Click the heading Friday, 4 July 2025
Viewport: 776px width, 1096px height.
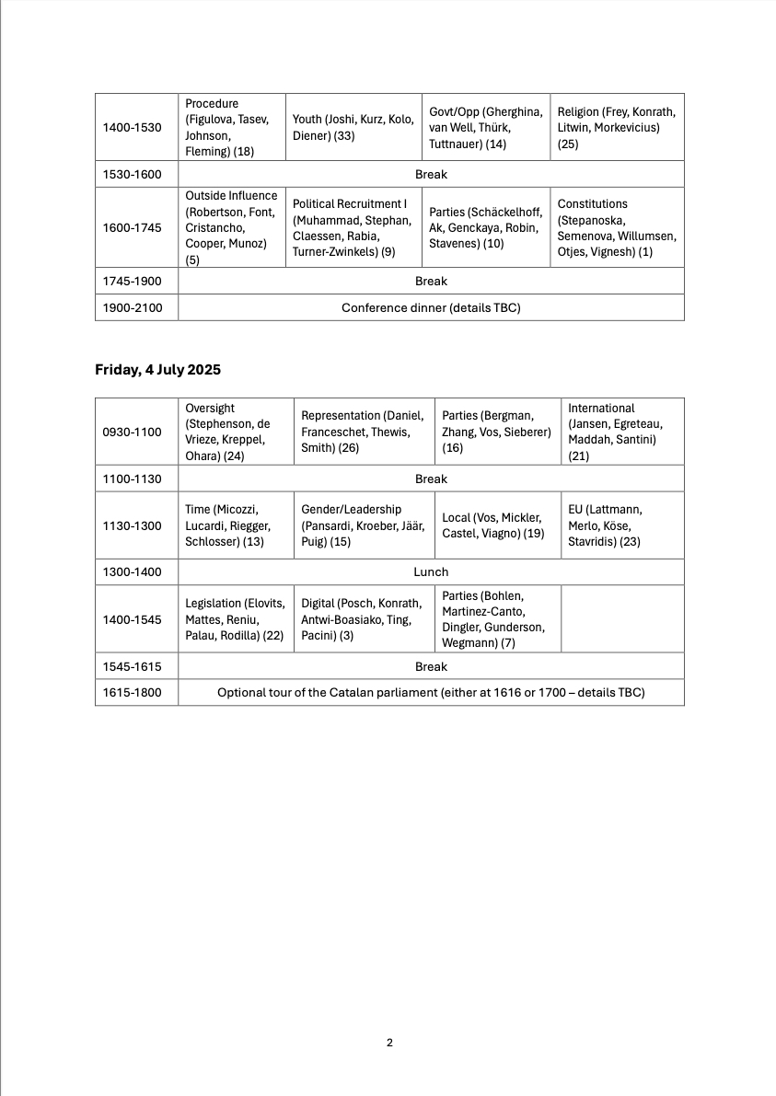pyautogui.click(x=157, y=370)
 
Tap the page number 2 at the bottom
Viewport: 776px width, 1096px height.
pyautogui.click(x=389, y=1043)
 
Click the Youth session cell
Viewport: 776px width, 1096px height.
pyautogui.click(x=353, y=127)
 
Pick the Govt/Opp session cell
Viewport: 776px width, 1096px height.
pyautogui.click(x=485, y=127)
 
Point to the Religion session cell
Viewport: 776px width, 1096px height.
pyautogui.click(x=617, y=127)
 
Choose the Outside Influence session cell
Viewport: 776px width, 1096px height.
pyautogui.click(x=231, y=227)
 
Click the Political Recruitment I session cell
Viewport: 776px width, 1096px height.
pyautogui.click(x=353, y=227)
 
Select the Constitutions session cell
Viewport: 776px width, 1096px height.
pyautogui.click(x=617, y=227)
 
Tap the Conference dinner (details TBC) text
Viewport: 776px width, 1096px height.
pyautogui.click(x=431, y=307)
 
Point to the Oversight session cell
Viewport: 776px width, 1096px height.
pyautogui.click(x=235, y=432)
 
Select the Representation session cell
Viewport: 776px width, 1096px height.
pyautogui.click(x=364, y=432)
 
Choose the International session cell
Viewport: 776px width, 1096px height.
pyautogui.click(x=622, y=432)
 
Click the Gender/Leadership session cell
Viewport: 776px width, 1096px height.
pyautogui.click(x=364, y=525)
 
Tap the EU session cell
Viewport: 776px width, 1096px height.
pyautogui.click(x=622, y=525)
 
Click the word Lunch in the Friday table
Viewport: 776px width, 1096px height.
pyautogui.click(x=431, y=572)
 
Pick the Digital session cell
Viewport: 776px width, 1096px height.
pyautogui.click(x=364, y=619)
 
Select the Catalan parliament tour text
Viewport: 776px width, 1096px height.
pyautogui.click(x=431, y=692)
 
